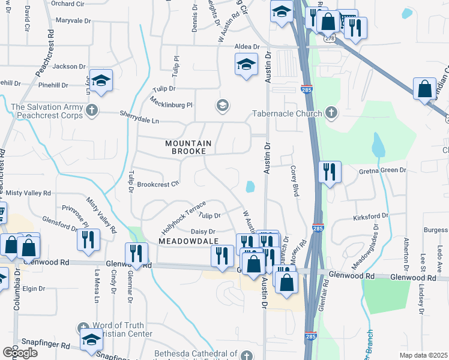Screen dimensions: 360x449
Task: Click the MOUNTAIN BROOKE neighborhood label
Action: point(189,147)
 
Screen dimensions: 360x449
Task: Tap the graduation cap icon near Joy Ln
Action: point(101,80)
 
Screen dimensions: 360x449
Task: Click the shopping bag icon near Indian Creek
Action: point(424,89)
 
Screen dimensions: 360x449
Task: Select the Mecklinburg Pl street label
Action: point(171,102)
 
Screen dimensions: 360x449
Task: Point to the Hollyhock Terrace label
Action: point(183,217)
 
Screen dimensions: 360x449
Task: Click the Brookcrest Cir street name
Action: point(158,184)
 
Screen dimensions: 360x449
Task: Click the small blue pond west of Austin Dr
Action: point(249,187)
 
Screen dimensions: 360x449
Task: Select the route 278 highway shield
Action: point(329,38)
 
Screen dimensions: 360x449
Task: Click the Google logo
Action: point(20,353)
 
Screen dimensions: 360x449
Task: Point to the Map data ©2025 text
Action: point(423,355)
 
